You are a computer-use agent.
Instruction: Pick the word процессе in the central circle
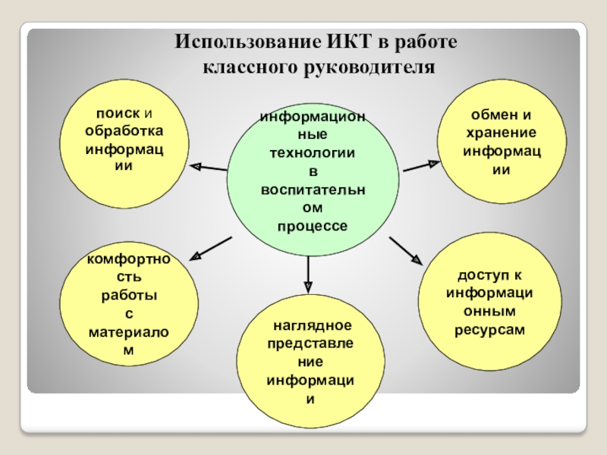pos(312,226)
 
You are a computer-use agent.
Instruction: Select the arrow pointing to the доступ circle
pos(406,250)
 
